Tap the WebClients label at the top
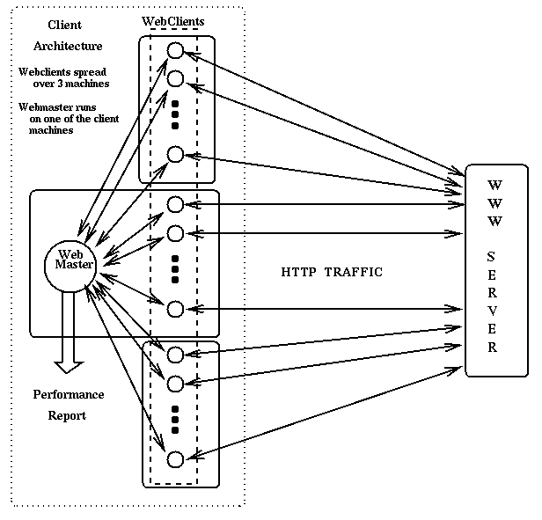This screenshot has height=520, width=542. point(173,19)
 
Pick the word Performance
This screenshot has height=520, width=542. point(69,394)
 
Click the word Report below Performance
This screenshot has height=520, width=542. point(67,415)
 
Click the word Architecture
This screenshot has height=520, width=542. point(68,46)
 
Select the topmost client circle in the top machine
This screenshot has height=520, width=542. point(174,50)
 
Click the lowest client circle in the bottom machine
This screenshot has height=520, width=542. point(174,458)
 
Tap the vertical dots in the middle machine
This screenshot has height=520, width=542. point(175,265)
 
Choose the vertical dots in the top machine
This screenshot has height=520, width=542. point(175,114)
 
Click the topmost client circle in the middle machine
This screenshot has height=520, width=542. point(174,204)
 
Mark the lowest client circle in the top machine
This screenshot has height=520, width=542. point(174,154)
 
